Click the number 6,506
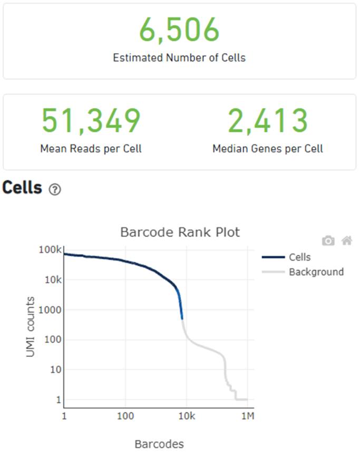(x=179, y=30)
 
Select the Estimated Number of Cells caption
(x=179, y=57)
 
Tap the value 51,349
(x=91, y=121)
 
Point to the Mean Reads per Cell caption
(x=91, y=149)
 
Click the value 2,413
(x=268, y=121)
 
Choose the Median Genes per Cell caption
(x=268, y=149)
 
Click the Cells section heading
(x=22, y=188)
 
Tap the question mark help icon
(x=55, y=190)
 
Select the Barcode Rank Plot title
(x=180, y=232)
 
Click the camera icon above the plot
(x=328, y=241)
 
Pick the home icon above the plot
(x=346, y=241)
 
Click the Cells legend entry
(x=299, y=257)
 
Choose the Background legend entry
(x=316, y=272)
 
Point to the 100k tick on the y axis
(x=50, y=249)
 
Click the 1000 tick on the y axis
(x=51, y=310)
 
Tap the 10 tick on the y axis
(x=54, y=369)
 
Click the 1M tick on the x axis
(x=247, y=417)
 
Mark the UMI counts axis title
(x=31, y=327)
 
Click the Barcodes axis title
(x=159, y=444)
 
